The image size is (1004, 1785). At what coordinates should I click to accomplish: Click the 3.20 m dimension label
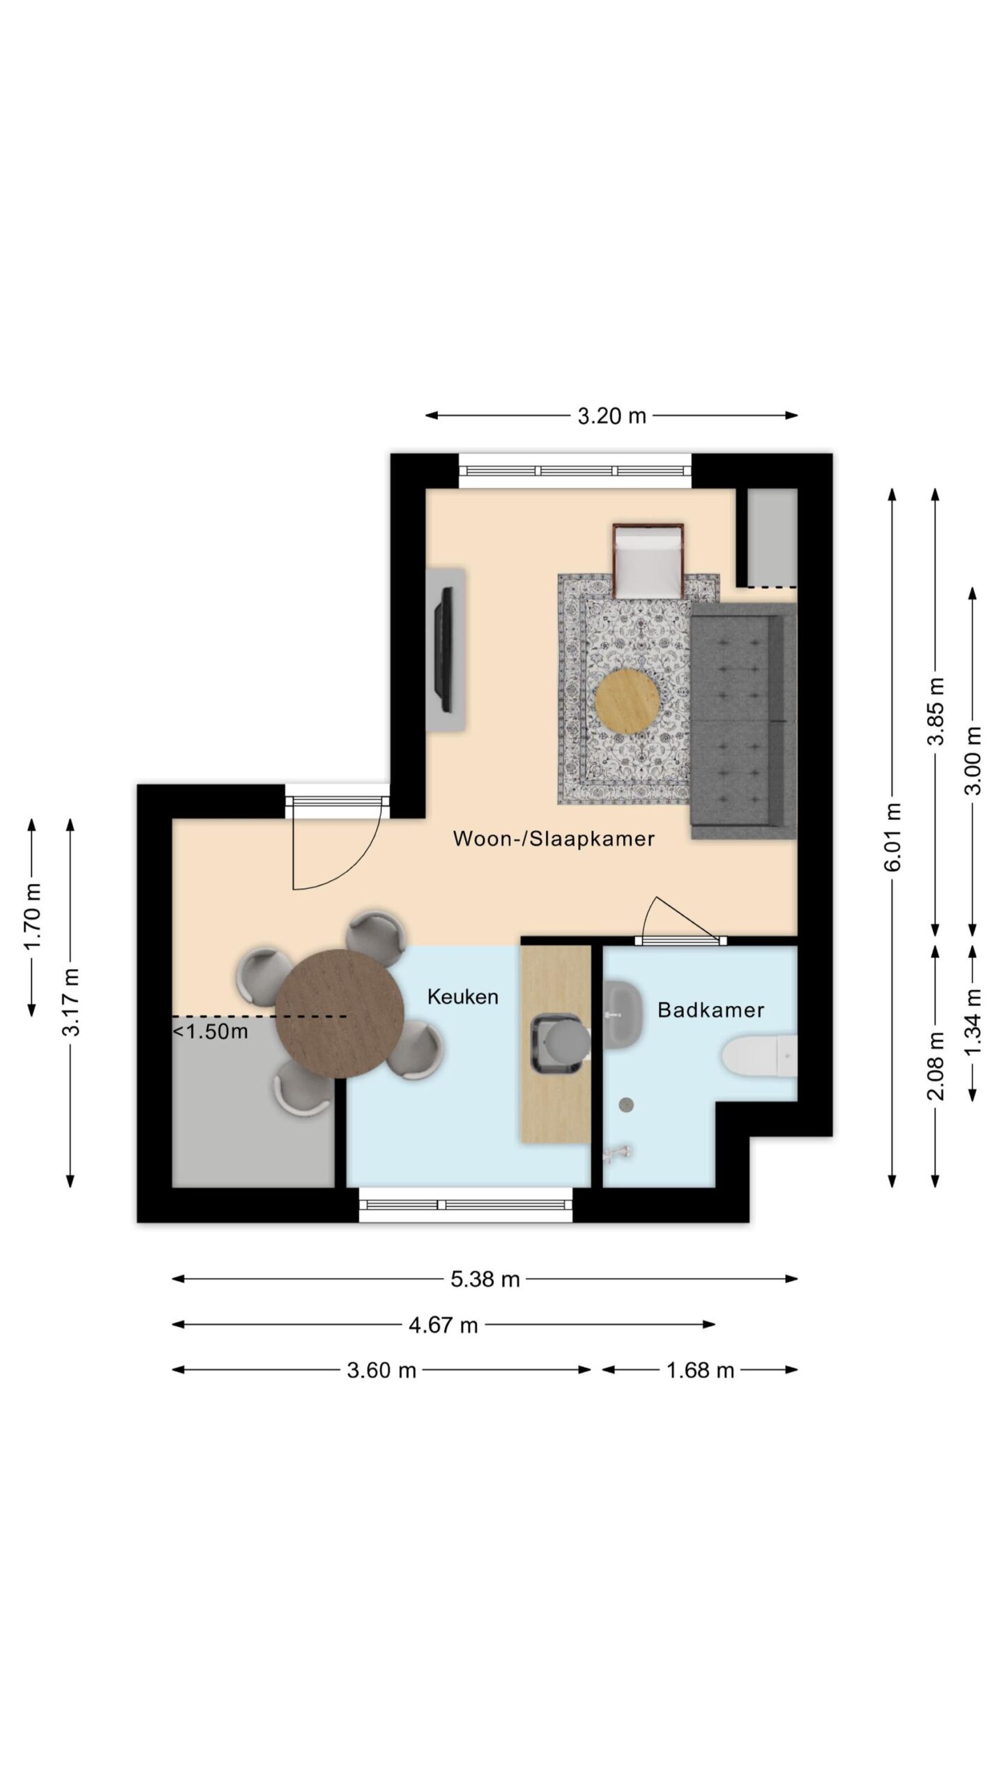[x=611, y=416]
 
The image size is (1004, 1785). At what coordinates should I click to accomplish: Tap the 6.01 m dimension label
[x=893, y=837]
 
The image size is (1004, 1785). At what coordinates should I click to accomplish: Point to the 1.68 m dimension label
[x=700, y=1371]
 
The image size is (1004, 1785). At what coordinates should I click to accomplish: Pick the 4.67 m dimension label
[x=443, y=1325]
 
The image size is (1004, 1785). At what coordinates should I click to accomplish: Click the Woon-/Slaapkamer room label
[x=554, y=838]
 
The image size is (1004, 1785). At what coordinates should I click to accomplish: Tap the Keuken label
[x=463, y=996]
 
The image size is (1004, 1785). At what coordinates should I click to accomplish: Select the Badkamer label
[x=710, y=1010]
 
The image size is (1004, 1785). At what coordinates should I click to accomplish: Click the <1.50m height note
[x=210, y=1031]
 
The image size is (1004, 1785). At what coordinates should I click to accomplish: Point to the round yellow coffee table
[x=627, y=701]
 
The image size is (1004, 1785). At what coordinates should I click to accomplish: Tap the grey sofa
[x=743, y=721]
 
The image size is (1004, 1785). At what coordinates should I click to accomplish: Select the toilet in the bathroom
[x=760, y=1056]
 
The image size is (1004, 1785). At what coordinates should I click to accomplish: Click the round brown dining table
[x=340, y=1015]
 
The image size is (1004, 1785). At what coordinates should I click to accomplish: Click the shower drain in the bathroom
[x=627, y=1104]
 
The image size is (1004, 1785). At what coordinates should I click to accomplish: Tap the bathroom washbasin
[x=623, y=1014]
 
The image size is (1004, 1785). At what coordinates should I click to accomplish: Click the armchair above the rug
[x=648, y=561]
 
